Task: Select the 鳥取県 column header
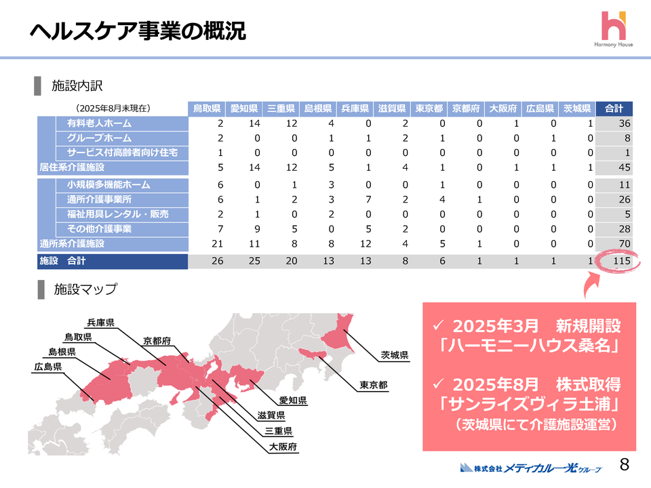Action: tap(206, 108)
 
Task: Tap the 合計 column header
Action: tap(614, 108)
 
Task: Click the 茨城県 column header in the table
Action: tap(577, 108)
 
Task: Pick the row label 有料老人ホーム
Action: tap(99, 124)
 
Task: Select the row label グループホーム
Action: tap(98, 138)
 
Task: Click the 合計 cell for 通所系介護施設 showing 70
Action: tap(621, 243)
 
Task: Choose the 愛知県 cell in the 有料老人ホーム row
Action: tap(242, 124)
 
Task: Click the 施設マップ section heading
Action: tap(85, 290)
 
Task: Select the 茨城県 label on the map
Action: tap(393, 354)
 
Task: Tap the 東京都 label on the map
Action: tap(374, 385)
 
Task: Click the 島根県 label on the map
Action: tap(62, 352)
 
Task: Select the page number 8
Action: tap(625, 465)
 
